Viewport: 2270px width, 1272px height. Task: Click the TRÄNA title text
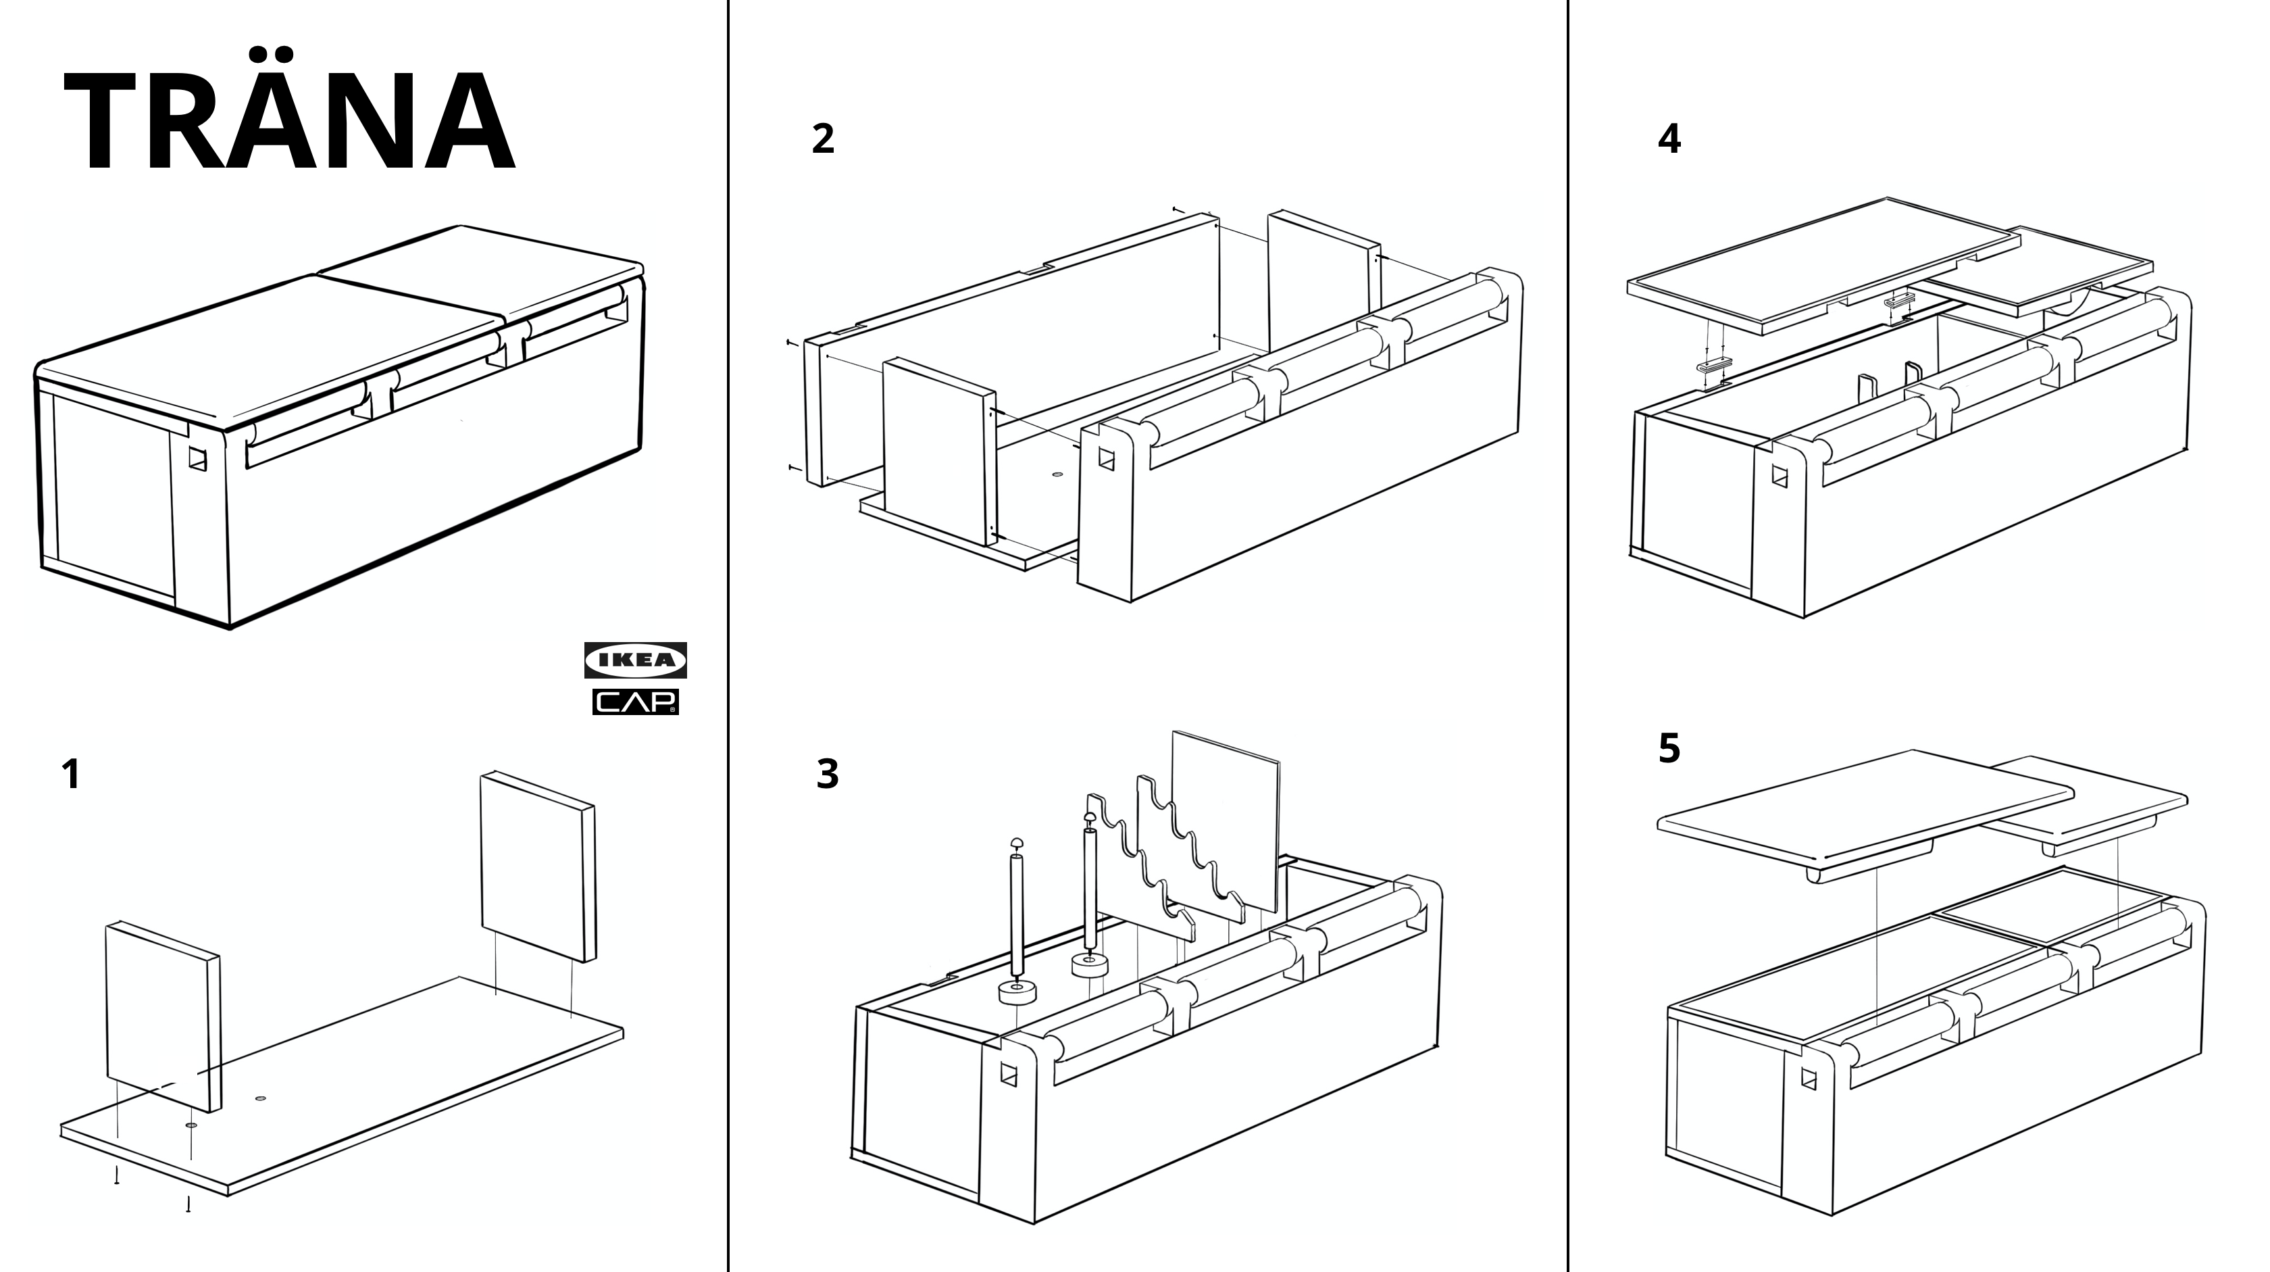point(289,122)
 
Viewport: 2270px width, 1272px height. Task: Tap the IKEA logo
point(635,660)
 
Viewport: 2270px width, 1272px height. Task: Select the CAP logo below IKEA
point(635,702)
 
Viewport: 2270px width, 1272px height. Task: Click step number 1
point(70,775)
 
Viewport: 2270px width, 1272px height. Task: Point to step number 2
point(822,139)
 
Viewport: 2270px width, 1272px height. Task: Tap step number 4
point(1669,139)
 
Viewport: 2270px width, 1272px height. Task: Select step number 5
point(1669,748)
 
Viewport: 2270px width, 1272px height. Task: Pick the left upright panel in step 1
point(162,1014)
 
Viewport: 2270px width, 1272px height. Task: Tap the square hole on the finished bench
point(197,460)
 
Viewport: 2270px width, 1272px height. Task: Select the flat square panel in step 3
point(1225,820)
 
